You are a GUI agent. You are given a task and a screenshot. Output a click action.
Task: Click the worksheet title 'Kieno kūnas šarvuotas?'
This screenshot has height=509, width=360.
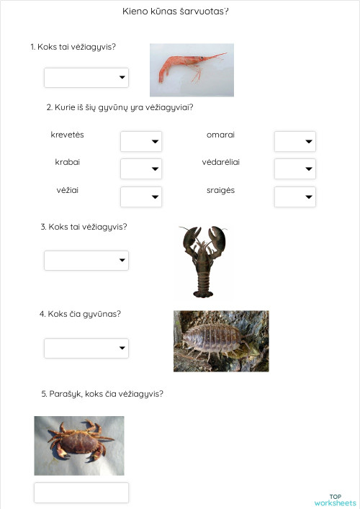(181, 12)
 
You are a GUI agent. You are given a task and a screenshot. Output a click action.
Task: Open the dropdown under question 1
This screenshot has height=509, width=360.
(86, 78)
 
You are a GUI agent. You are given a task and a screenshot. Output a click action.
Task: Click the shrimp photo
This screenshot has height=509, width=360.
(192, 70)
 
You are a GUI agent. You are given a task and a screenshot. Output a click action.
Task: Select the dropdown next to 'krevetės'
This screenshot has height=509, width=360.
(141, 142)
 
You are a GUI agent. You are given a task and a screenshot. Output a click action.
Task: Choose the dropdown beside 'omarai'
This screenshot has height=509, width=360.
(295, 142)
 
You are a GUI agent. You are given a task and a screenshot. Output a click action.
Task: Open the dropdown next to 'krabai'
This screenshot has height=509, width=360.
(141, 169)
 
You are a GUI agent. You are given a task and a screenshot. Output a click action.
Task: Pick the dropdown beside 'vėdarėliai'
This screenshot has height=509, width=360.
(295, 169)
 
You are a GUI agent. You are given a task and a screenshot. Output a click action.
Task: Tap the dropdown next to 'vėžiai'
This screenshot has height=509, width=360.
(141, 197)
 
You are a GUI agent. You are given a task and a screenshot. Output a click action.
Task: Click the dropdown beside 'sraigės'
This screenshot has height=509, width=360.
(295, 197)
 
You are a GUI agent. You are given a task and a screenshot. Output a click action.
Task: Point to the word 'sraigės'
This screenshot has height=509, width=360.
(220, 190)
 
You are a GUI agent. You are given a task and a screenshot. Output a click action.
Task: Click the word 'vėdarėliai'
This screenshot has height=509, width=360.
(221, 162)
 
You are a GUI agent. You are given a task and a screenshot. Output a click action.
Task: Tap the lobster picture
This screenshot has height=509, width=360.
(203, 261)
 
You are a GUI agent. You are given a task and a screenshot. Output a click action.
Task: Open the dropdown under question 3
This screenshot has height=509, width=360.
(86, 261)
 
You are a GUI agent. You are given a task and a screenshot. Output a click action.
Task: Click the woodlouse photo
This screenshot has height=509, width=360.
(221, 341)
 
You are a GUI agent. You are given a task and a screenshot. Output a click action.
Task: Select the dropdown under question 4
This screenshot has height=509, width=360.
(86, 348)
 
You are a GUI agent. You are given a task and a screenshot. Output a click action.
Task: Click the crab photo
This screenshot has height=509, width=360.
(79, 445)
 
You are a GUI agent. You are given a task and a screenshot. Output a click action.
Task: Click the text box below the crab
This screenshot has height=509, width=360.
(81, 492)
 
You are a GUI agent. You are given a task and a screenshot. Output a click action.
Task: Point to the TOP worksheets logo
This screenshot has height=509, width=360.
(335, 500)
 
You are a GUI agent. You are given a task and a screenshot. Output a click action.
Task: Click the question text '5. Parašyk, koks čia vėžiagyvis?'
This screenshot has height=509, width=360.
(102, 394)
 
